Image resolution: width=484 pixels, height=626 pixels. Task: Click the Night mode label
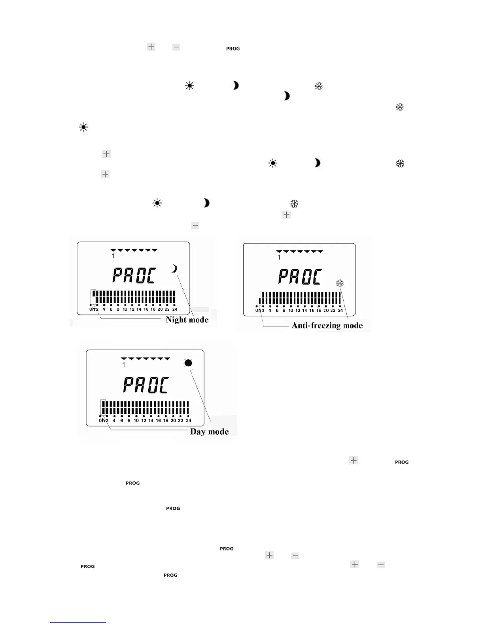click(187, 320)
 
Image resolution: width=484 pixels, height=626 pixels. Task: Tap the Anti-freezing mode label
click(327, 326)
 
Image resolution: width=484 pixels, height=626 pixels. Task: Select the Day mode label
click(209, 432)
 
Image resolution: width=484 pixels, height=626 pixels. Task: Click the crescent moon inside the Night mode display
click(174, 269)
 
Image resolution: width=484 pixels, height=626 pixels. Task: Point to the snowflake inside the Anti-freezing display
click(340, 283)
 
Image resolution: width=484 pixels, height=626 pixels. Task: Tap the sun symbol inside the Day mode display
click(188, 363)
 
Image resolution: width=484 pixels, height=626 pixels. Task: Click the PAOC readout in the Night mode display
click(134, 275)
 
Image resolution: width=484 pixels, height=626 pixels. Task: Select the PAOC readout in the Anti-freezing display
click(300, 277)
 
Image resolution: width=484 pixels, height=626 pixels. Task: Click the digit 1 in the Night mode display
click(113, 256)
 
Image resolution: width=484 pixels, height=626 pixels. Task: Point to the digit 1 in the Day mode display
click(124, 365)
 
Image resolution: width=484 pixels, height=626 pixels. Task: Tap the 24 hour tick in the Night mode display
click(175, 309)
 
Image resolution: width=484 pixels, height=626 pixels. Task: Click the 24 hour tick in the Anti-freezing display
click(340, 311)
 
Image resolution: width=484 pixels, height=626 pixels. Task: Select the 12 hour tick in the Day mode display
click(144, 420)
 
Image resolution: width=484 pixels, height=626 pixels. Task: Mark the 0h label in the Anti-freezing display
click(258, 311)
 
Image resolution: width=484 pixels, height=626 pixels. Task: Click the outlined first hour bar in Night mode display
click(93, 296)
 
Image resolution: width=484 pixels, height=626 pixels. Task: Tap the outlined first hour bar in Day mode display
click(103, 407)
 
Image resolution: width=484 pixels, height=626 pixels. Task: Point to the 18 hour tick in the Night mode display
click(153, 309)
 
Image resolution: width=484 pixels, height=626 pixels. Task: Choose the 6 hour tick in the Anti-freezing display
click(277, 311)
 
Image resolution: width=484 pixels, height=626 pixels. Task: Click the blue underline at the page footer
click(78, 622)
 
